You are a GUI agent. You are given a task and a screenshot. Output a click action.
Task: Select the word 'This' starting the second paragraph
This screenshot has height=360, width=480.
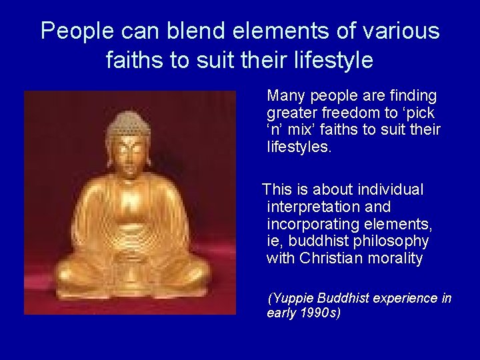(278, 190)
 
